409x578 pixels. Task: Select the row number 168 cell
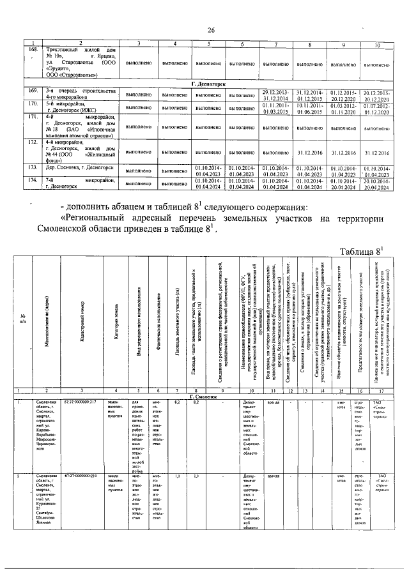[35, 49]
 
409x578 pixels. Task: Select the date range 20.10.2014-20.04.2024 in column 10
[376, 185]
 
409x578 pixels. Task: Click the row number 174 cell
[35, 181]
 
